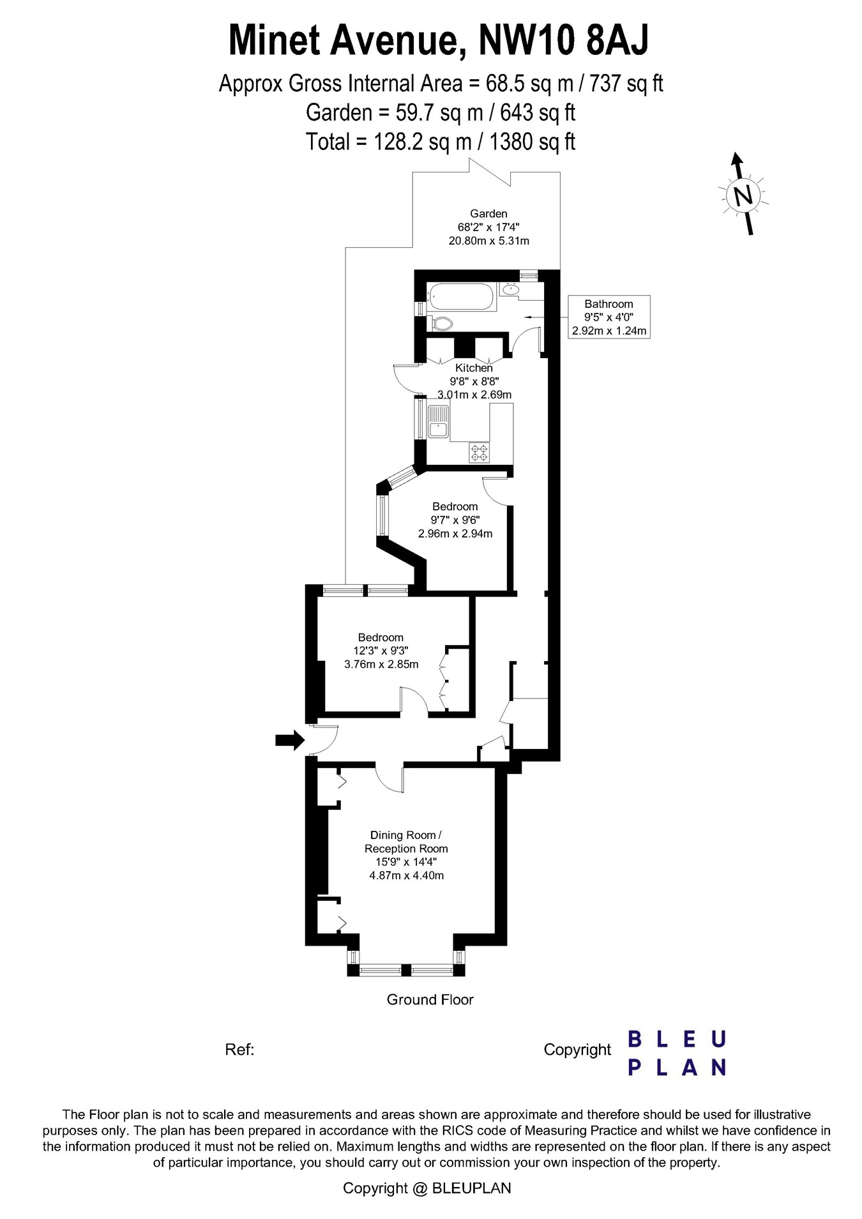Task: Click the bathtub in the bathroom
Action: pyautogui.click(x=461, y=297)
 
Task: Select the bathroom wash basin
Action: pyautogui.click(x=510, y=290)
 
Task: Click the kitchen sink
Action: pyautogui.click(x=438, y=421)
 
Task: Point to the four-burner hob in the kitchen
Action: pyautogui.click(x=479, y=453)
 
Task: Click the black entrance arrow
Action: pyautogui.click(x=289, y=740)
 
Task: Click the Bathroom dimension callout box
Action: pyautogui.click(x=609, y=317)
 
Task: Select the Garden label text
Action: pyautogui.click(x=488, y=214)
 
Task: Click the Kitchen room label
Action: pyautogui.click(x=474, y=368)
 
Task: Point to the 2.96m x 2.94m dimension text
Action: pyautogui.click(x=455, y=534)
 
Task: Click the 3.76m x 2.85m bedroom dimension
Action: pyautogui.click(x=381, y=664)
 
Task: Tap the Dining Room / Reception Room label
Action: pyautogui.click(x=406, y=842)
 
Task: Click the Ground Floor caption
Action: pyautogui.click(x=430, y=1000)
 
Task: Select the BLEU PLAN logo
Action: pyautogui.click(x=677, y=1053)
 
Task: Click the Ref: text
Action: pyautogui.click(x=239, y=1050)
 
